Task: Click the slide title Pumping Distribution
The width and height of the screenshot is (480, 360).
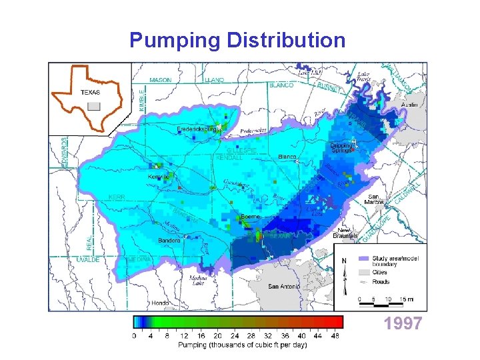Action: [x=237, y=40]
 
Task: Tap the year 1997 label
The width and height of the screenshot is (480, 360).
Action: [x=403, y=324]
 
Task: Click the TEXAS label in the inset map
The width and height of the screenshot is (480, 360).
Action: [x=91, y=93]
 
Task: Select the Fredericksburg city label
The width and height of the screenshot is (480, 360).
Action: [x=197, y=129]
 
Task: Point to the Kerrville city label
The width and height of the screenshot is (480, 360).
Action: [x=158, y=177]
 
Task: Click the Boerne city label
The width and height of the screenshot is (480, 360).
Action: [x=250, y=217]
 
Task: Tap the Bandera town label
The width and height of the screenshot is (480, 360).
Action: [x=169, y=240]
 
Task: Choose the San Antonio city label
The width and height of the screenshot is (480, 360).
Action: [x=283, y=287]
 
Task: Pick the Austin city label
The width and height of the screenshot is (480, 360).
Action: [x=409, y=105]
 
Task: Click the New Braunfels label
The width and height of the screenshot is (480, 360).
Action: [x=345, y=233]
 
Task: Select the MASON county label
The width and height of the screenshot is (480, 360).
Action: [x=160, y=80]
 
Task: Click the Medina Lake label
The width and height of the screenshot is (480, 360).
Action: [x=199, y=279]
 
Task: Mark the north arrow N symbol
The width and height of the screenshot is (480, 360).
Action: [x=344, y=261]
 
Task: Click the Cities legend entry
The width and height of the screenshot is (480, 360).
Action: [x=381, y=272]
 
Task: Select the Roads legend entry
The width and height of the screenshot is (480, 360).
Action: [x=382, y=282]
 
